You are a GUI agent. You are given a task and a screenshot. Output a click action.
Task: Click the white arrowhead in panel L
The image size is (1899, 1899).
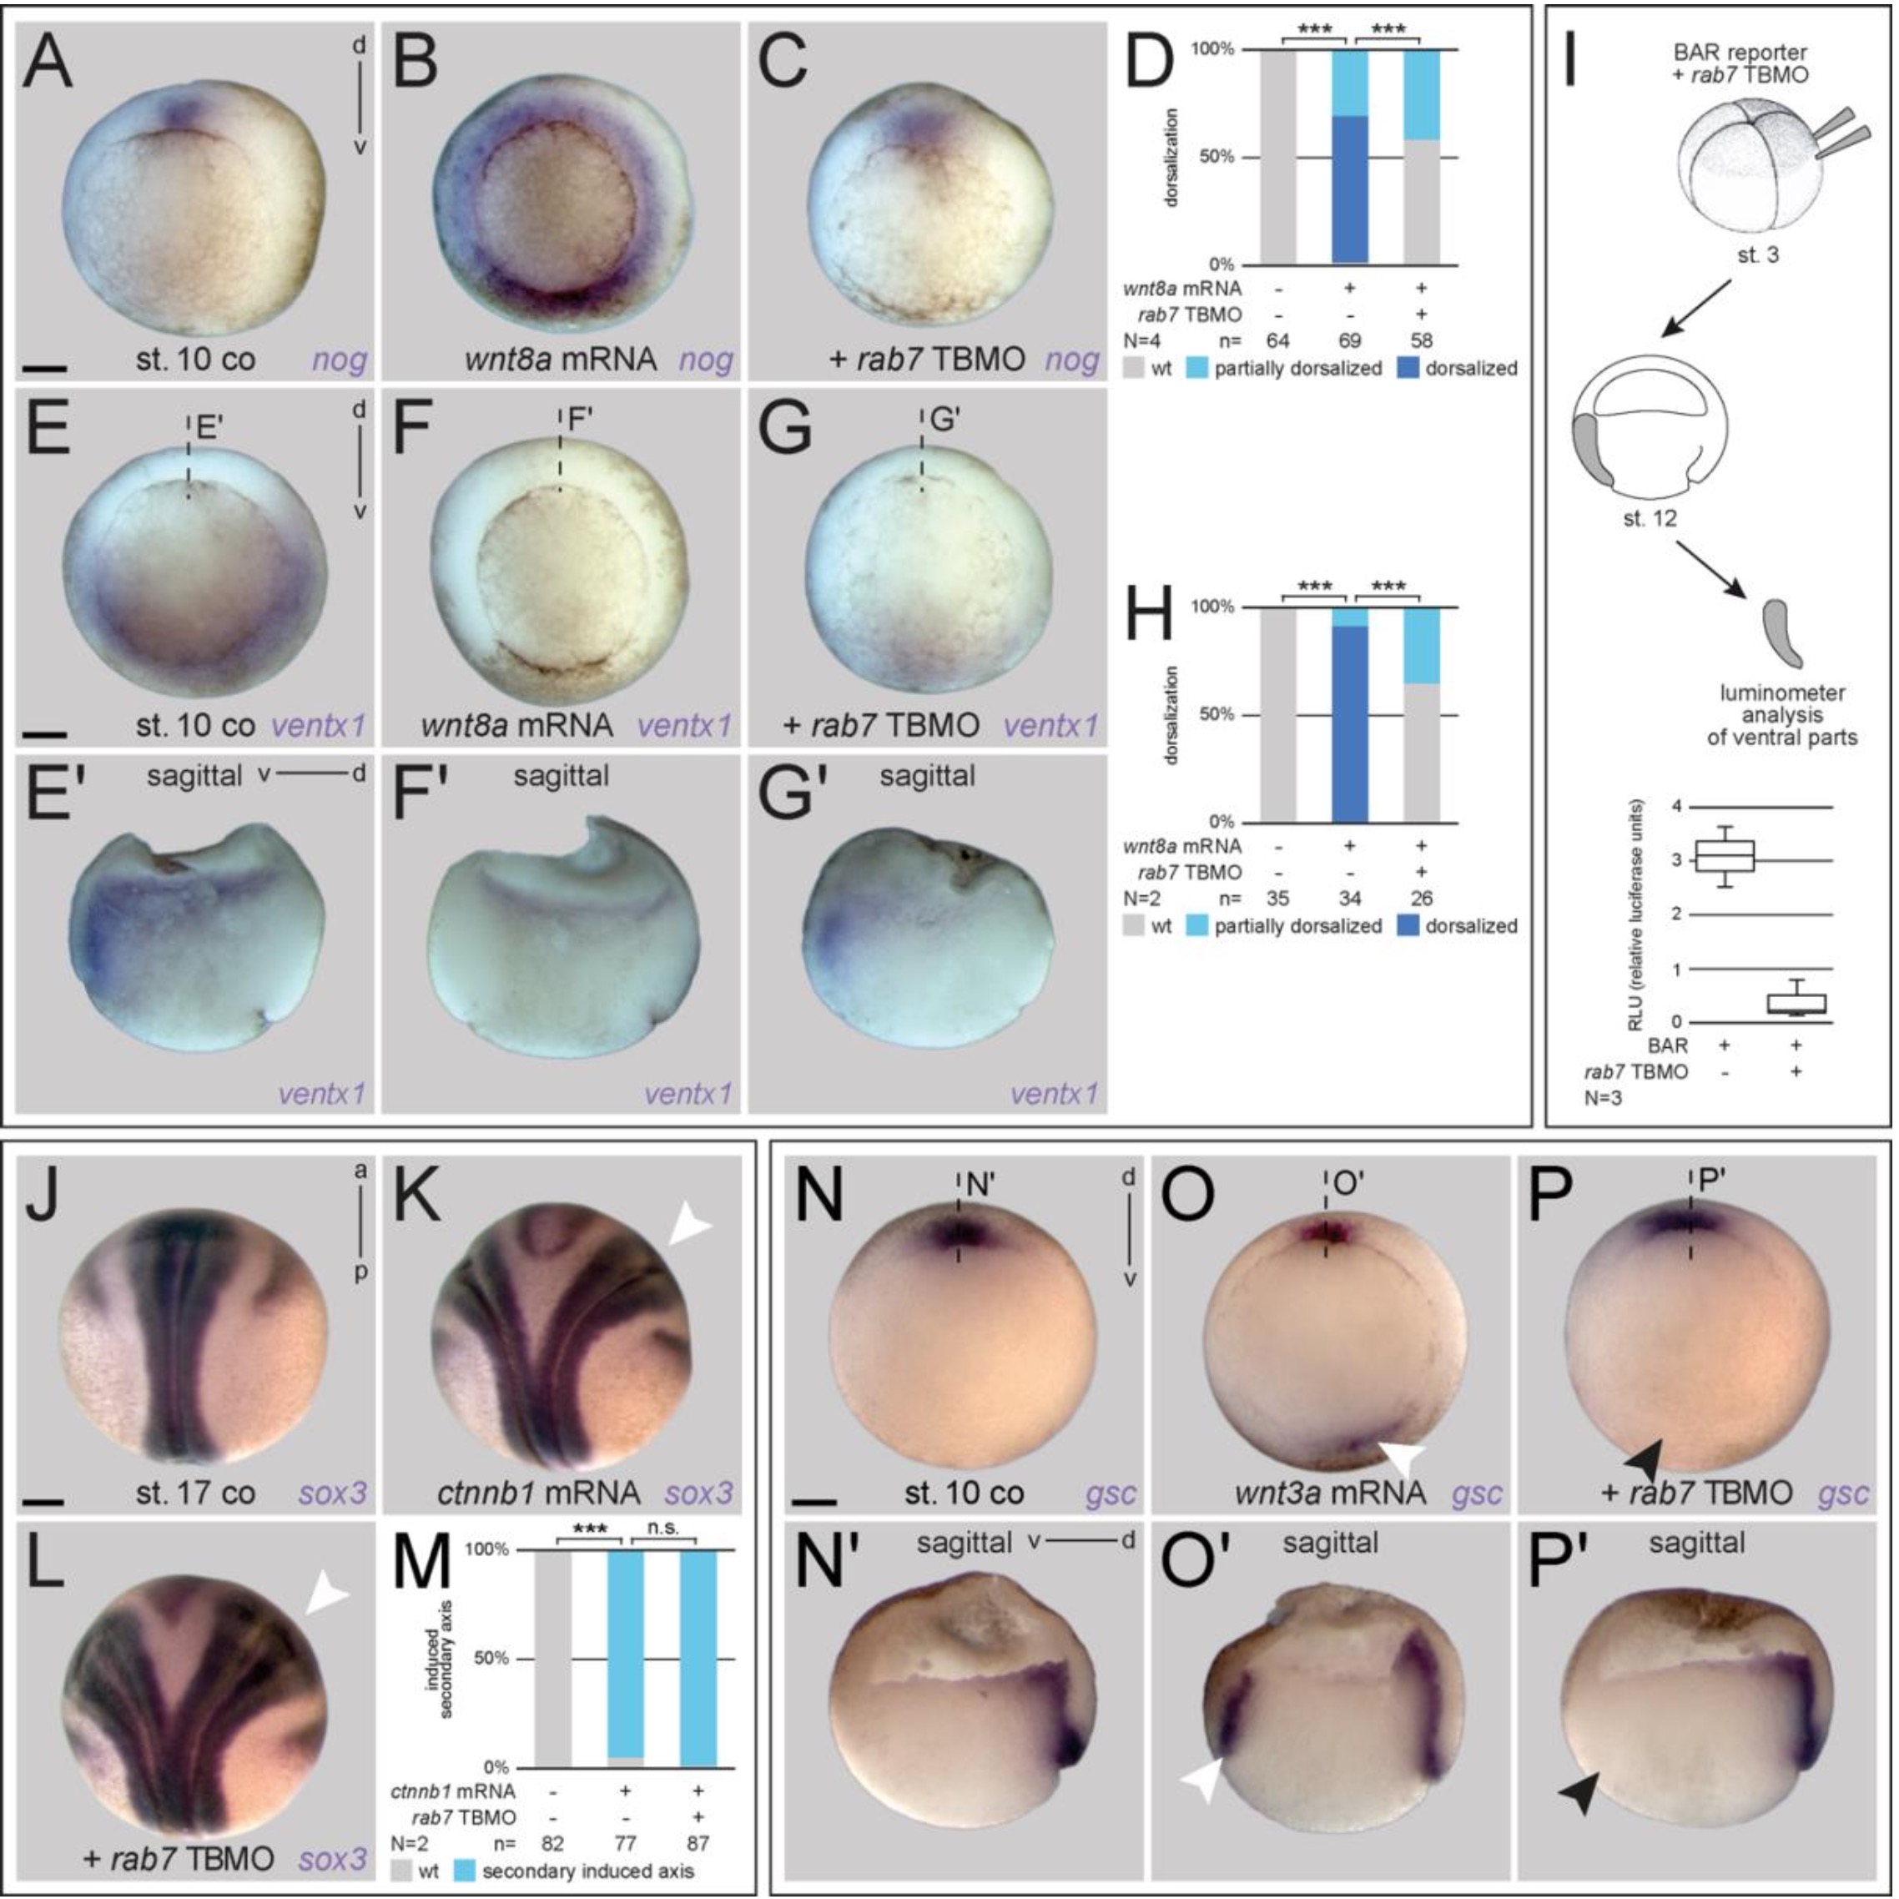[x=326, y=1599]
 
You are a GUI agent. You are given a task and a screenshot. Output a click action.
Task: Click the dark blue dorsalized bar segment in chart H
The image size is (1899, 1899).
[x=1349, y=723]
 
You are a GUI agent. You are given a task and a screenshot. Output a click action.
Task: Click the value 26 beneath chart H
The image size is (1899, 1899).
[x=1421, y=898]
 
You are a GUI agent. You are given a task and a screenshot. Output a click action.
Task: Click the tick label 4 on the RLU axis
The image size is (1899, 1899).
[x=1677, y=807]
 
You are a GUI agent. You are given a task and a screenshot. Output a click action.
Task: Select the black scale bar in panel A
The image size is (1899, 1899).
[x=44, y=370]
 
